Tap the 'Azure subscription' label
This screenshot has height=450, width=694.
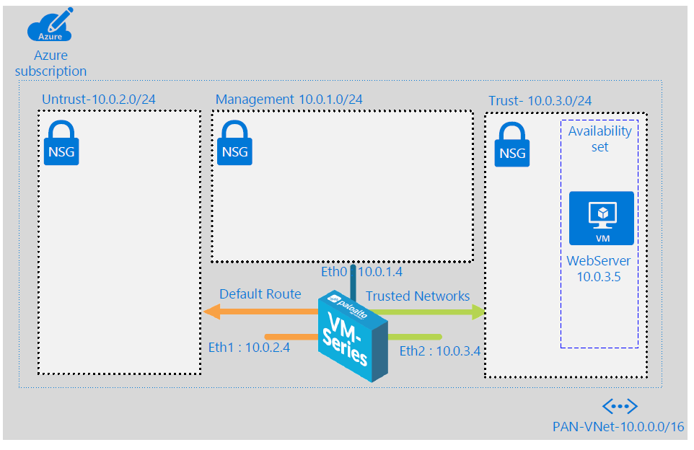click(x=50, y=63)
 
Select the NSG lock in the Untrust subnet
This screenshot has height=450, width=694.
click(x=61, y=144)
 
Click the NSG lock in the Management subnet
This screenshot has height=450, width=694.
click(x=234, y=144)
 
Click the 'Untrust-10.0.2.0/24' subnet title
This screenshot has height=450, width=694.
click(x=98, y=100)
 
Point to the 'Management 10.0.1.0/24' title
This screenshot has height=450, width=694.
click(x=289, y=100)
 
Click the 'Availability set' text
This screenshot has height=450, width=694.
click(x=599, y=139)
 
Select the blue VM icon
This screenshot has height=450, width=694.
click(x=601, y=218)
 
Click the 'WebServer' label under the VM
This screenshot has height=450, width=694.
click(x=599, y=260)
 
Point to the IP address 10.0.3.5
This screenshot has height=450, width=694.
click(x=599, y=277)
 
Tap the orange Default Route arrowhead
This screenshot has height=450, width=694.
click(x=211, y=312)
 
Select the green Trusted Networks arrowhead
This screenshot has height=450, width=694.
click(x=478, y=312)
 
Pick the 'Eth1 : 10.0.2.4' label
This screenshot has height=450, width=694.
click(x=244, y=347)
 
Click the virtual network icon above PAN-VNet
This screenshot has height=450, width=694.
click(x=620, y=406)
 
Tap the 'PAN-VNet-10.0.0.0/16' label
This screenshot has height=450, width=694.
click(x=618, y=426)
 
